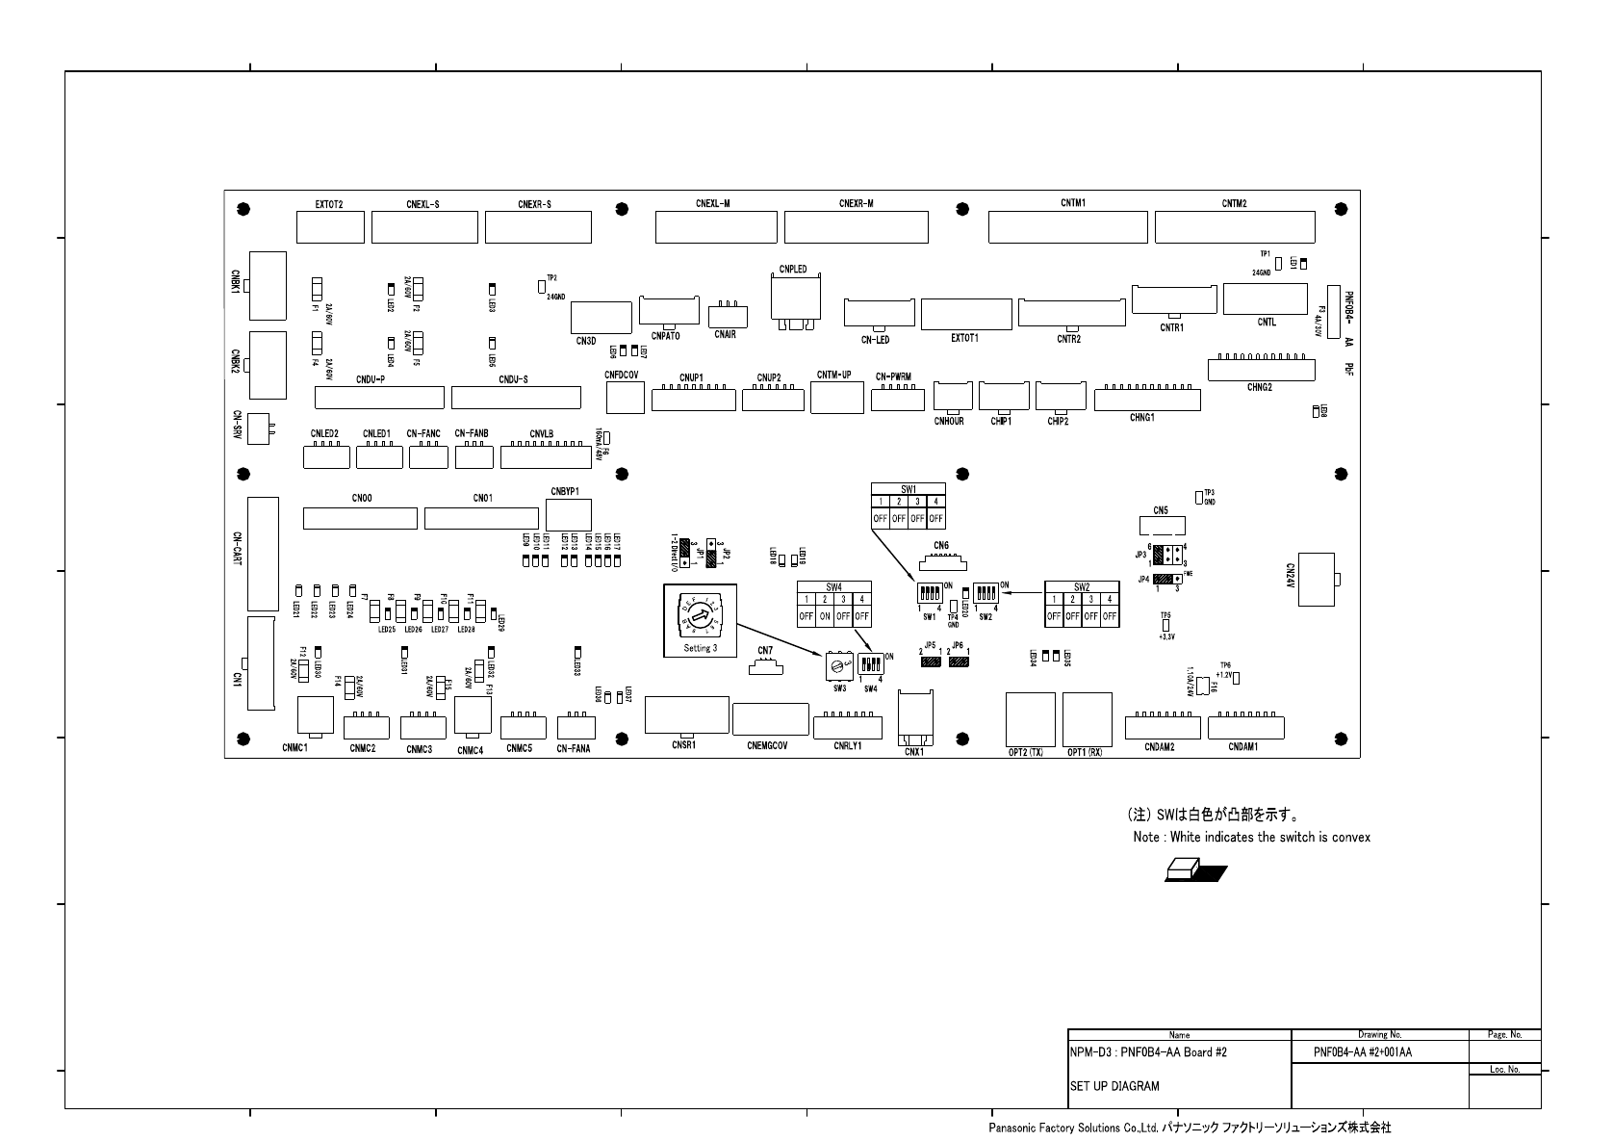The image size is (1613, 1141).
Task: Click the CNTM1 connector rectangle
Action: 1067,228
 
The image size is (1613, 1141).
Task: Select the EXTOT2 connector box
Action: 330,228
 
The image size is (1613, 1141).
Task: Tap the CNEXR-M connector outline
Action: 856,228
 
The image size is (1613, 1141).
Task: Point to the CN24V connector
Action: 1316,579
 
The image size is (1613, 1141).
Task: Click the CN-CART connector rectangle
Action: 263,554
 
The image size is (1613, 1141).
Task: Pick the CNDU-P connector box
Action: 380,397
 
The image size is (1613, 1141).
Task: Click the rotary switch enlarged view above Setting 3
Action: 700,620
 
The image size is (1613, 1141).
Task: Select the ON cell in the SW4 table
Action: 825,616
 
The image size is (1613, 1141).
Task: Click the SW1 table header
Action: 909,489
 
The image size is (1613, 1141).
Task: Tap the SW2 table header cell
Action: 1082,586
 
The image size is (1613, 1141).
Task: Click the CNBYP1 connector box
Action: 569,515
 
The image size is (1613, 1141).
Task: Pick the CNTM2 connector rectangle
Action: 1234,228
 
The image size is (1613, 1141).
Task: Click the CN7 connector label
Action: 765,651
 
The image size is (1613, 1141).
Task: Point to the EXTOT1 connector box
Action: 965,314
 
